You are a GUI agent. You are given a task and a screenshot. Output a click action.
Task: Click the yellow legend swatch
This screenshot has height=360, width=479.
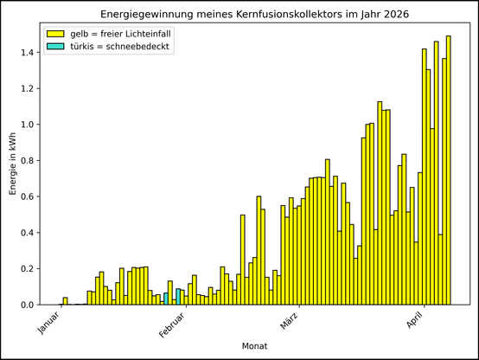tap(56, 34)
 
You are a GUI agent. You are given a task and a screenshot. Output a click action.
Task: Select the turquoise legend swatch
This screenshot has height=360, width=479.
tap(56, 47)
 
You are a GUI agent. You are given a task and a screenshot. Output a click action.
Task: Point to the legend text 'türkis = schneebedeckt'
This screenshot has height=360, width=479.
tap(118, 47)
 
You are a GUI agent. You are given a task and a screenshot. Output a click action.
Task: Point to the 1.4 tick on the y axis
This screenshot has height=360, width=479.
tap(26, 53)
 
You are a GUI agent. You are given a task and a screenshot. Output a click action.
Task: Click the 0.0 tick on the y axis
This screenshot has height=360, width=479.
tap(26, 305)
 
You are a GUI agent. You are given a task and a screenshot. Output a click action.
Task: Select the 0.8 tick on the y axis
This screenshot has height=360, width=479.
tap(26, 161)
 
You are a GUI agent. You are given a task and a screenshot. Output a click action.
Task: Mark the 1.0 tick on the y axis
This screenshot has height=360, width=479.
tap(26, 125)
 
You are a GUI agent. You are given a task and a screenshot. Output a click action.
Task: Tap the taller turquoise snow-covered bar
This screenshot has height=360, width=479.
tap(178, 297)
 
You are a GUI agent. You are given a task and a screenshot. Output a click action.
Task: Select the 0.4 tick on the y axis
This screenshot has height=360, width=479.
tap(26, 233)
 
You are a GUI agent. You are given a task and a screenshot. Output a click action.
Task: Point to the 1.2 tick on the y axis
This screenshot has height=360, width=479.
tap(26, 89)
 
